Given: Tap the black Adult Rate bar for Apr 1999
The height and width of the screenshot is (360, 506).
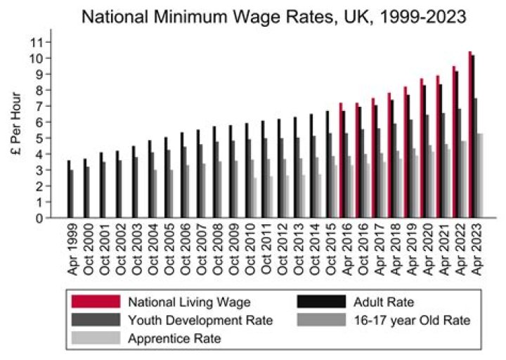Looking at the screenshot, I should (68, 189).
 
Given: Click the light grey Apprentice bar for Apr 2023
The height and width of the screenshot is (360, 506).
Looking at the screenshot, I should (481, 176).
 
